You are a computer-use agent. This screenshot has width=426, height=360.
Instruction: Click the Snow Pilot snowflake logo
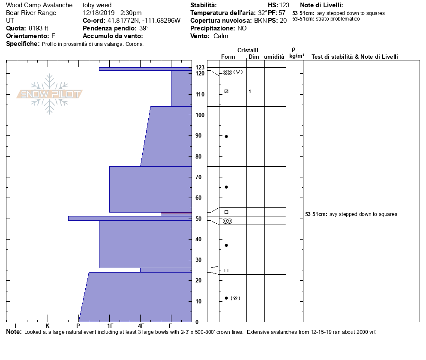50,94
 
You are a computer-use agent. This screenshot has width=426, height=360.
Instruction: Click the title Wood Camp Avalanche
39,5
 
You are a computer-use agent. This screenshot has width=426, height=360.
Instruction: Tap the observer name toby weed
97,5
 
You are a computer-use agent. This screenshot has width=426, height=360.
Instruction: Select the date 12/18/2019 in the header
98,13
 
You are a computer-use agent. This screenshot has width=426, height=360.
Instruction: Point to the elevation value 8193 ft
38,28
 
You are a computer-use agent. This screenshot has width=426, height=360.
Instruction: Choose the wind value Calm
221,36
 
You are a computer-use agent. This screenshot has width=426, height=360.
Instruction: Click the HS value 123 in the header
285,5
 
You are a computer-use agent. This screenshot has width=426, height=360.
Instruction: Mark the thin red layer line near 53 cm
176,213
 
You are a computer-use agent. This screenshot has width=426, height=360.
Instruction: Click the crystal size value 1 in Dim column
249,91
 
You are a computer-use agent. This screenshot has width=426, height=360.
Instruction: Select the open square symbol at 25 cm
226,270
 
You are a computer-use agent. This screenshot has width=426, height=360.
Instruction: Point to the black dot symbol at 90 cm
226,136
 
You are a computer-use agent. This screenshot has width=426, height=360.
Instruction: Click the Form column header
228,57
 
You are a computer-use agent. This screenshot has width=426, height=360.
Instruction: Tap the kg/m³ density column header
297,56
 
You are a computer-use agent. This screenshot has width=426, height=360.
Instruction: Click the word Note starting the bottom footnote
13,332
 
